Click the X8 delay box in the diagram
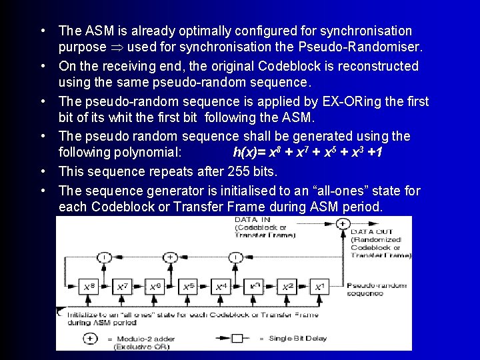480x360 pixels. coord(88,287)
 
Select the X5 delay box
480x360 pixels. coord(187,287)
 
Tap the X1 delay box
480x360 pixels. coord(319,287)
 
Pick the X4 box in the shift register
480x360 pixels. coord(221,287)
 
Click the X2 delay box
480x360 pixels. coord(287,287)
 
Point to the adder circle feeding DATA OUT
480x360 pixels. coord(343,223)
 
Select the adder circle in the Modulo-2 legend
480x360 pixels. coord(89,338)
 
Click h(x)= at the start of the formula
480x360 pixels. coord(249,153)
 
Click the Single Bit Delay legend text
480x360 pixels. coord(297,338)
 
